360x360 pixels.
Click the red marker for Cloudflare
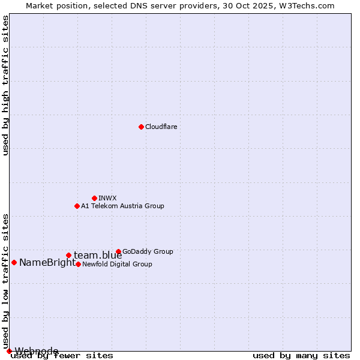coord(141,127)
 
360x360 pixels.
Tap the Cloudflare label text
coord(161,127)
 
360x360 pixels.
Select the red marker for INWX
coord(94,198)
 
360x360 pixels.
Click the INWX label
coord(107,198)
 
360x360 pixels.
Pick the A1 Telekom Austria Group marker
coord(77,206)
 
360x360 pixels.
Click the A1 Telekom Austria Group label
coord(122,206)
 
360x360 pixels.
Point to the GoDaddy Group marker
coord(118,251)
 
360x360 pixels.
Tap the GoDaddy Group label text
coord(148,251)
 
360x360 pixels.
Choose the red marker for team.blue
coord(68,255)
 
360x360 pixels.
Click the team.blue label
coord(98,256)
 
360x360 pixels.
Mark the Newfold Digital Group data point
coord(78,264)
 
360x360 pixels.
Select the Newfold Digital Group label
coord(117,264)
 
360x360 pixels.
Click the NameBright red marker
coord(14,262)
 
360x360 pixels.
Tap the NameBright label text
coord(47,262)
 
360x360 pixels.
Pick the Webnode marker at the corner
coord(9,351)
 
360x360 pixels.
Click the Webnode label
coord(37,351)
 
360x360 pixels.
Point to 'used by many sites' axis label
coord(301,355)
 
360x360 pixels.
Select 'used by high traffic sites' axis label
coord(5,85)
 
